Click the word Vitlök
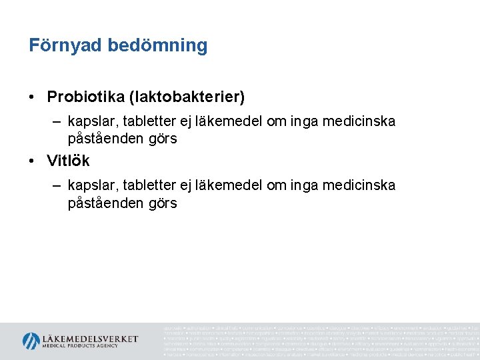[x=68, y=161]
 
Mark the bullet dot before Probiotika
[x=33, y=97]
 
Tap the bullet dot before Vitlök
[x=33, y=161]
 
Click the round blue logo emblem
[x=31, y=341]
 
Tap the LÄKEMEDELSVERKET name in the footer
[x=90, y=338]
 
